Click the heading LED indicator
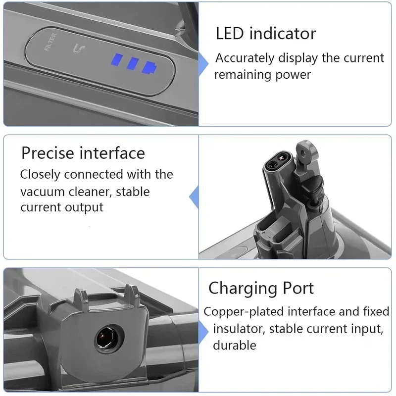coord(266,34)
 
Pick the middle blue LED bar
coord(133,64)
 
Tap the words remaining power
coord(262,74)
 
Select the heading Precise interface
coord(83,153)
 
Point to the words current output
coord(62,207)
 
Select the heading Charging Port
coord(261,288)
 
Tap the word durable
coord(234,345)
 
